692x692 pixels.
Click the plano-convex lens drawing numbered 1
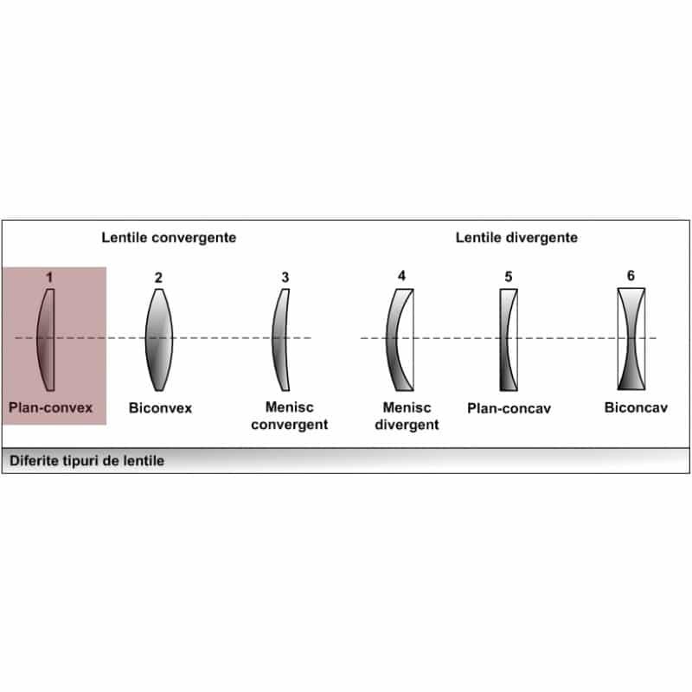point(47,339)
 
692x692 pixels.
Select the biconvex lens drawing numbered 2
point(158,339)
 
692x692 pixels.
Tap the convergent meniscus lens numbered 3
point(280,339)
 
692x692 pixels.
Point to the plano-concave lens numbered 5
point(509,339)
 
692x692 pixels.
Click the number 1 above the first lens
point(49,277)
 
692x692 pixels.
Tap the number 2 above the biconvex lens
point(158,278)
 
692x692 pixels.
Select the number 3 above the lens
point(285,278)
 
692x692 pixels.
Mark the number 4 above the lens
point(401,276)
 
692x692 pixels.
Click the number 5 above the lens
point(509,277)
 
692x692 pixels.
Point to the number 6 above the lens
point(631,276)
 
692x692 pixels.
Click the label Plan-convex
point(51,407)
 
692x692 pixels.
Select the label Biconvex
point(160,407)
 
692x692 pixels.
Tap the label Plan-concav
point(509,407)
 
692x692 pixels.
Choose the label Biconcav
point(636,407)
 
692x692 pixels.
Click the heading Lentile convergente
point(169,236)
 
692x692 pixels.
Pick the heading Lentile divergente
point(516,236)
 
